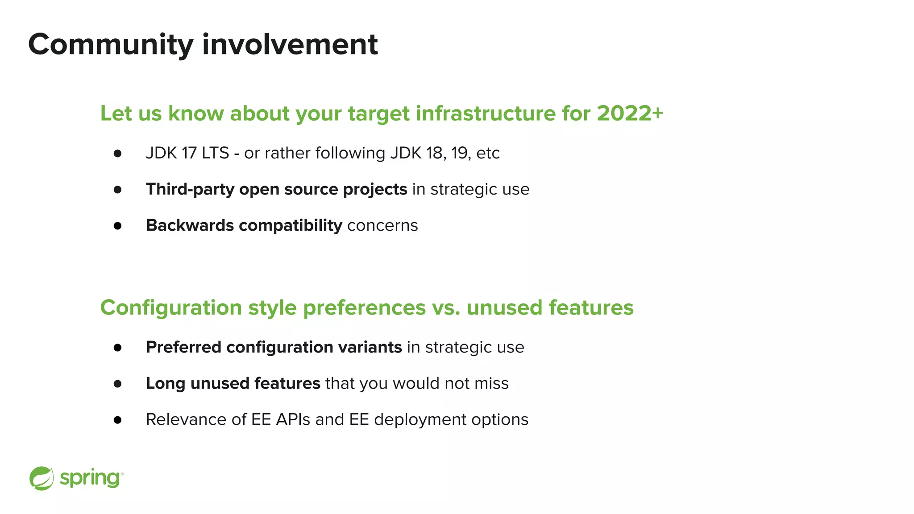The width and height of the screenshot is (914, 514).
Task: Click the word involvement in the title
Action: tap(290, 45)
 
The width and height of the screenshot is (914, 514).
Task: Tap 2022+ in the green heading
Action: tap(630, 113)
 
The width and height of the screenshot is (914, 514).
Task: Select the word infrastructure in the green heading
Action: tap(486, 113)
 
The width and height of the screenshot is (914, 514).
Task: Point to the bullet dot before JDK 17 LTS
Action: tap(117, 153)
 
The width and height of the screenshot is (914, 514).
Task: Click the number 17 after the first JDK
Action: tap(189, 153)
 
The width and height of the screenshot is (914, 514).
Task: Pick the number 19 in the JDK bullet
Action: tap(460, 153)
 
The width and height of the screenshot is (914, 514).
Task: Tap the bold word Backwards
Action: tap(190, 225)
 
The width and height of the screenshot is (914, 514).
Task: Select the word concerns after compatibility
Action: tap(382, 225)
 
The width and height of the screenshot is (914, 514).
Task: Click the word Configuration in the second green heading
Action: tap(171, 307)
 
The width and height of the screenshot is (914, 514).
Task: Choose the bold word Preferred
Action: tap(183, 347)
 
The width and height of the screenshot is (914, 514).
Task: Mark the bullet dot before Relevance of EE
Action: tap(117, 420)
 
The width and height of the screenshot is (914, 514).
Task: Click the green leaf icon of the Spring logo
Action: tap(42, 478)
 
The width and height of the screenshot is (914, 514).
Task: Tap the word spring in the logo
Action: tap(90, 478)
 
